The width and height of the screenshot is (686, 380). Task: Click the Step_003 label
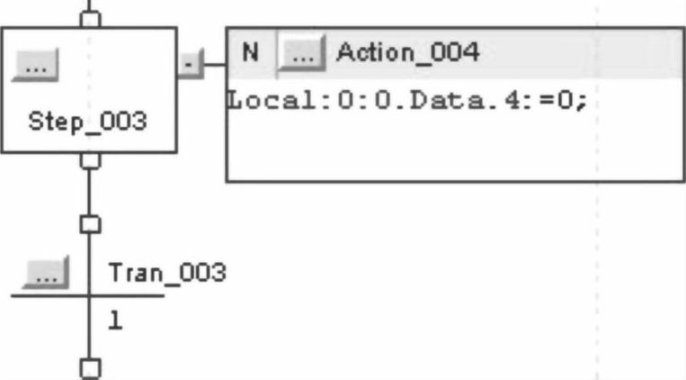(x=87, y=123)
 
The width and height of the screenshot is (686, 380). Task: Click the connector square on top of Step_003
(x=88, y=20)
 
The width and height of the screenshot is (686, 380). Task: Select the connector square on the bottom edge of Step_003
(x=88, y=160)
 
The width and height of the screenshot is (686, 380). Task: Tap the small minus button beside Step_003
(x=188, y=65)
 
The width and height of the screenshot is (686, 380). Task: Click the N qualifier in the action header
(x=251, y=52)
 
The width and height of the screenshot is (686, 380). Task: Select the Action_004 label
(x=407, y=53)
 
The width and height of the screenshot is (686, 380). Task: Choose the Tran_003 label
(x=166, y=272)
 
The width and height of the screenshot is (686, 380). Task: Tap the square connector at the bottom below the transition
(x=88, y=367)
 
